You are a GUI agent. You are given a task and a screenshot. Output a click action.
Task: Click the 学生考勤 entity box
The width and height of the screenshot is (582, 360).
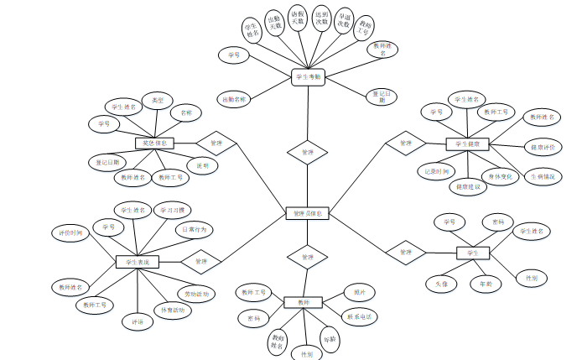309,77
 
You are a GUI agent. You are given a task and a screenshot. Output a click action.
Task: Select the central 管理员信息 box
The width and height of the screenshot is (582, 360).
308,214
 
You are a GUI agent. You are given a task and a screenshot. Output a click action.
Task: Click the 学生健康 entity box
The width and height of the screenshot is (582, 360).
467,144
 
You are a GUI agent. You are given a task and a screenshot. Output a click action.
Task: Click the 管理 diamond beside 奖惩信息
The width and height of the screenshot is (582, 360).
216,143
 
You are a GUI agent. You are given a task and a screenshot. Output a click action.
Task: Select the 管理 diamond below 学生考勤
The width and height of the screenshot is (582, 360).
307,153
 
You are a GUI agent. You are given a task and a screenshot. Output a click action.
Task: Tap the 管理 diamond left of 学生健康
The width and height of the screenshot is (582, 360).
406,143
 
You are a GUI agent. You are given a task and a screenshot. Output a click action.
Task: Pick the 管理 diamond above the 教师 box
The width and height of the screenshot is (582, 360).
307,257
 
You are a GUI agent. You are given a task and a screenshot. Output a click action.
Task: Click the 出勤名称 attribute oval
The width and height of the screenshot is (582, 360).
234,99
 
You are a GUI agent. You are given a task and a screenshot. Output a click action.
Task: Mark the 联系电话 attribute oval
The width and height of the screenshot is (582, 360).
361,317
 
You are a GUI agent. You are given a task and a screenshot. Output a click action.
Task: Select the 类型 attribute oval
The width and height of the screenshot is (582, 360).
157,100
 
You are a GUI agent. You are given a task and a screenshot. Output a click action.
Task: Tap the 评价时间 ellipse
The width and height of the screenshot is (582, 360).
71,232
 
